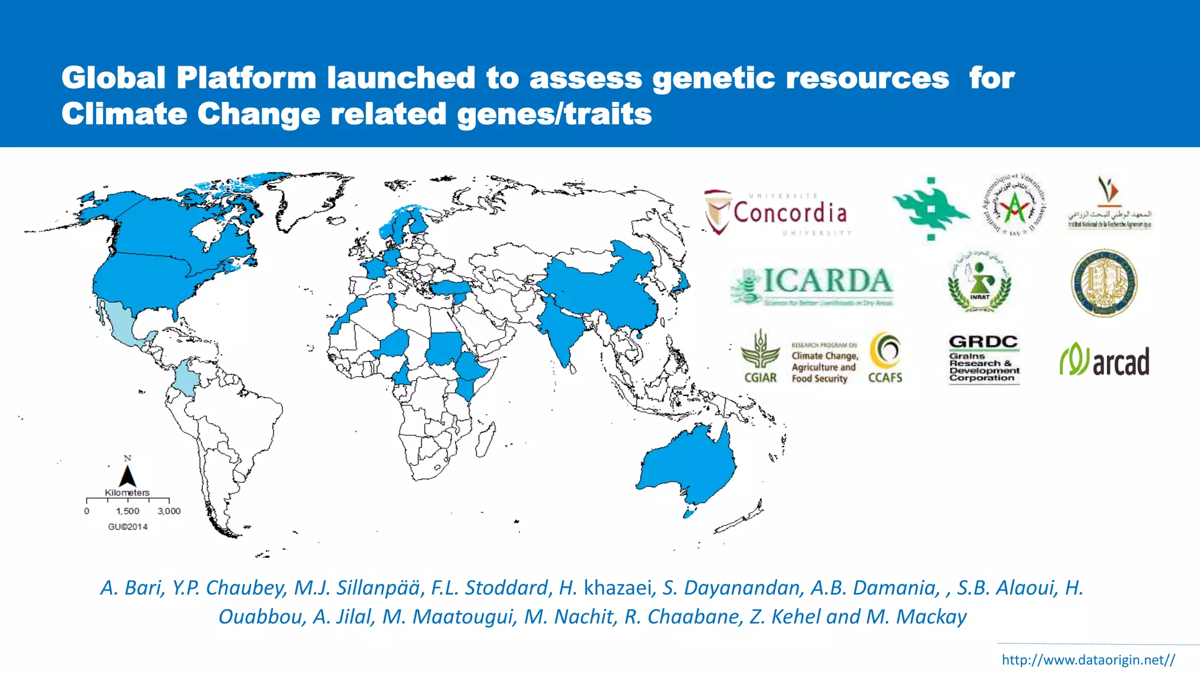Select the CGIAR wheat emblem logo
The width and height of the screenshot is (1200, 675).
pyautogui.click(x=760, y=356)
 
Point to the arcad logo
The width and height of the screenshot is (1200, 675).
pyautogui.click(x=1104, y=360)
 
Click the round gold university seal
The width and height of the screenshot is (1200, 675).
pyautogui.click(x=1104, y=283)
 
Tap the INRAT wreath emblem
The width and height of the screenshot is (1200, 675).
pyautogui.click(x=980, y=282)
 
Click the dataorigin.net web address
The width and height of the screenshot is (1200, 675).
pyautogui.click(x=1088, y=660)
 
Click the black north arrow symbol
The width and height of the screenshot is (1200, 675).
pyautogui.click(x=127, y=476)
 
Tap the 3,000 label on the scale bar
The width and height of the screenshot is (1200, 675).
pyautogui.click(x=169, y=511)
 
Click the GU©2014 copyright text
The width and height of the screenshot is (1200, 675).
pyautogui.click(x=128, y=527)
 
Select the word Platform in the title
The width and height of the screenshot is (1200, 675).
pyautogui.click(x=246, y=78)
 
